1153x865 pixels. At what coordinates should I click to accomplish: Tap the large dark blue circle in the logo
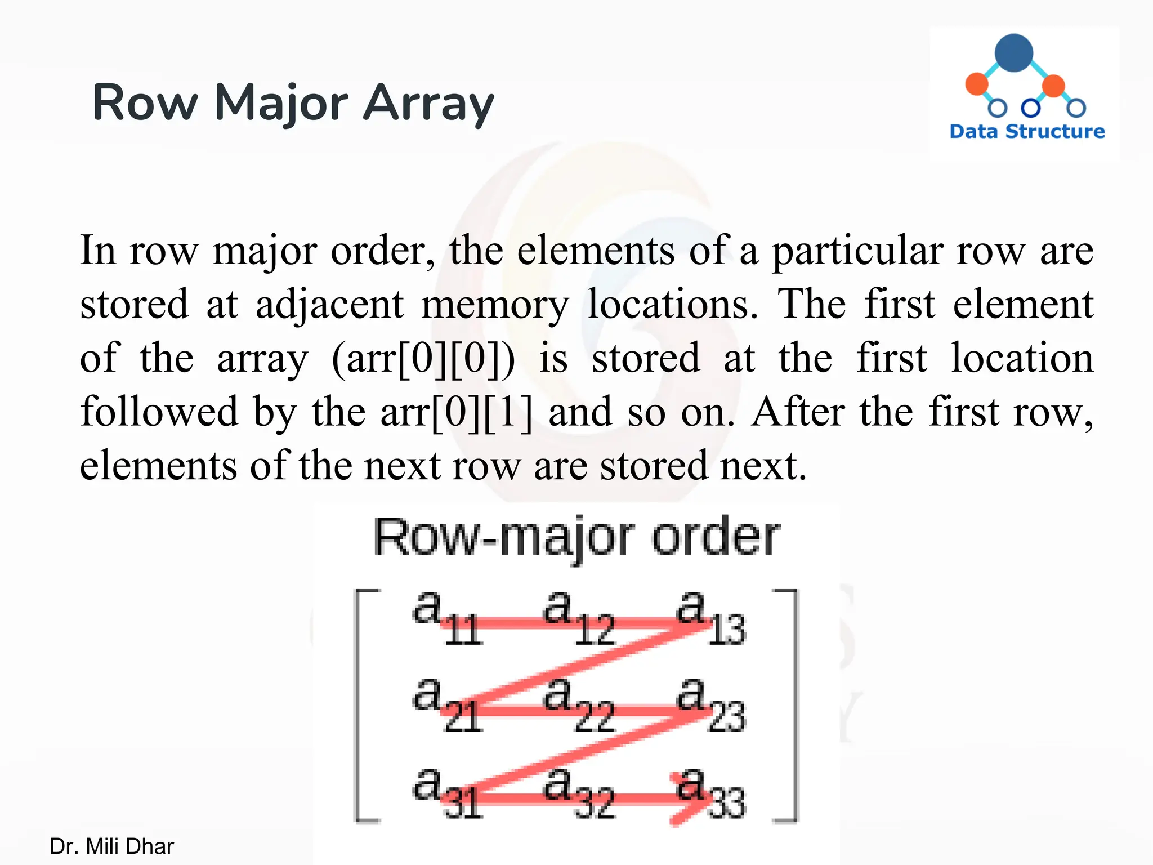pos(1013,53)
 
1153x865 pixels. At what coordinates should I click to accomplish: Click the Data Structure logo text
pos(1027,131)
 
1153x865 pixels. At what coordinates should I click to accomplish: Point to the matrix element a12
pos(578,617)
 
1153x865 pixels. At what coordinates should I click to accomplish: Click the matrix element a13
pos(710,617)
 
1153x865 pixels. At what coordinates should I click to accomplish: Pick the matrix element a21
pos(446,705)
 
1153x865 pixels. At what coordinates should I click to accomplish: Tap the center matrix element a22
pos(578,705)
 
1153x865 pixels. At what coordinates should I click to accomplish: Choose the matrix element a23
pos(710,705)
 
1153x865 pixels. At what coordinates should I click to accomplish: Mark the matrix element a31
pos(446,793)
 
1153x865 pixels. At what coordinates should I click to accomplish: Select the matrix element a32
pos(578,793)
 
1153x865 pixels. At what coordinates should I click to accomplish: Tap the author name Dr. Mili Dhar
pos(111,846)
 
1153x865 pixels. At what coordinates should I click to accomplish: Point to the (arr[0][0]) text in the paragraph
pos(423,359)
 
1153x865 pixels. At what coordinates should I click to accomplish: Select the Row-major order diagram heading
pos(576,538)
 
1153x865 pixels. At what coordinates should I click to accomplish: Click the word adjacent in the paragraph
pos(329,305)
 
